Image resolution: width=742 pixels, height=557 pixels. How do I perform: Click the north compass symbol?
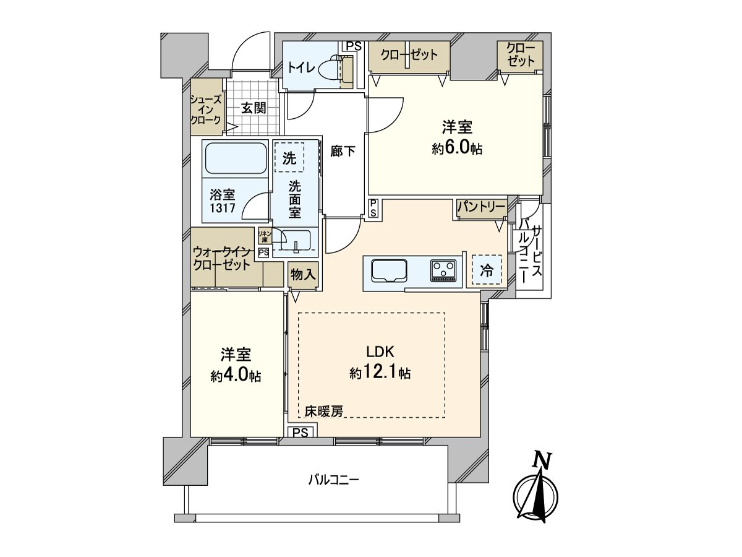pyautogui.click(x=535, y=492)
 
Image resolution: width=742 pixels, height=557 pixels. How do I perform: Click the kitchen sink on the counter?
pyautogui.click(x=388, y=271)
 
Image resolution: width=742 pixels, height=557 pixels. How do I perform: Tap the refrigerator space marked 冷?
pyautogui.click(x=487, y=270)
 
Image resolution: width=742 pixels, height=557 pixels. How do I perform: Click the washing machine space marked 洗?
pyautogui.click(x=289, y=158)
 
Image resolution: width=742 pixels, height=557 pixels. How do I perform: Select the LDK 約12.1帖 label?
pyautogui.click(x=380, y=362)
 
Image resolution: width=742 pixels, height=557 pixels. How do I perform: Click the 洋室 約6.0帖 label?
pyautogui.click(x=457, y=137)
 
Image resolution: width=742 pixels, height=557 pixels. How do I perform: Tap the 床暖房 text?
pyautogui.click(x=323, y=410)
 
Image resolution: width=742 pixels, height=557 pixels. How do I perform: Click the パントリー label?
pyautogui.click(x=481, y=207)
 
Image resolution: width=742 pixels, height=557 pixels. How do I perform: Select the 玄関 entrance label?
pyautogui.click(x=253, y=108)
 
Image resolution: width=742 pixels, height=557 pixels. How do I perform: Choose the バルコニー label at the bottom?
pyautogui.click(x=333, y=480)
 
